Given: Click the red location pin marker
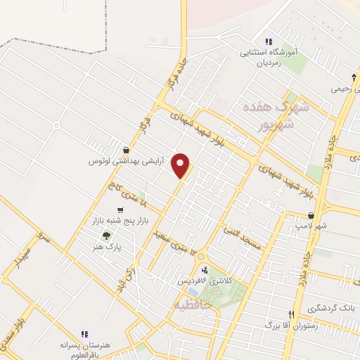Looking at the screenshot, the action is (x=181, y=165).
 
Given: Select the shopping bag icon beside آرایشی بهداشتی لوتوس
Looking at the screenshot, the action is (x=126, y=150).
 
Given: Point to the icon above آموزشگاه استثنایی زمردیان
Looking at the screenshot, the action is (x=269, y=41).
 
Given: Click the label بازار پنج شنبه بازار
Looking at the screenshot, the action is (x=111, y=221).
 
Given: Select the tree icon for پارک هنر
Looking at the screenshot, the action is (x=106, y=236).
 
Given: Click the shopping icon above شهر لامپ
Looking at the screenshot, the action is (x=311, y=215).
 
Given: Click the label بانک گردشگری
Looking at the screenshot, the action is (x=330, y=309).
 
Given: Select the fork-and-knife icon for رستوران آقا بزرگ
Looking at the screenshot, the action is (x=291, y=314).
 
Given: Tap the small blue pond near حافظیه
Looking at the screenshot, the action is (x=192, y=290).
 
